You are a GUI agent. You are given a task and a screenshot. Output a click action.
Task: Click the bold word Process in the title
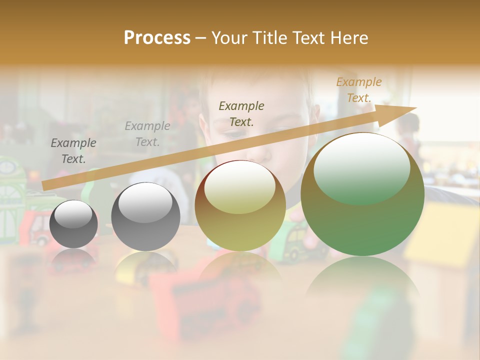157,38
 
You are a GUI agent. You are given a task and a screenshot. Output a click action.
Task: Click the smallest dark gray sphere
73,224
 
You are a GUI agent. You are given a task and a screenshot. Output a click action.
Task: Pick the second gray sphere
145,217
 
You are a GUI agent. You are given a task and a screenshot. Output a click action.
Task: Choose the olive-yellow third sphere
240,206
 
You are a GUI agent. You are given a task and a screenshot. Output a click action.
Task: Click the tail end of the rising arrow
45,185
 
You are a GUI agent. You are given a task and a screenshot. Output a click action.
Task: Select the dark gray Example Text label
73,151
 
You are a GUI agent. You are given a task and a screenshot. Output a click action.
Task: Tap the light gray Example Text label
147,134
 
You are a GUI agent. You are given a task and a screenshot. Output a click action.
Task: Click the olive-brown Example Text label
241,113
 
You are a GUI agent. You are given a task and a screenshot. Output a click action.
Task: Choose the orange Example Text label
358,90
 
